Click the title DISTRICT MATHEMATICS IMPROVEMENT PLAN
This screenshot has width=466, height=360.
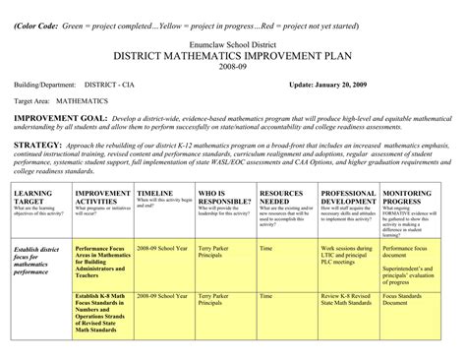233,58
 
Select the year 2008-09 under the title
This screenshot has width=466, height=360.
233,71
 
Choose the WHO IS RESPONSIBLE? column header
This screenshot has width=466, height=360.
221,199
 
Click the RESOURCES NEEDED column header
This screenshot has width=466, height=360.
282,199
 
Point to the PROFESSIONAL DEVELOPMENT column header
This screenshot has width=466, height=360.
348,199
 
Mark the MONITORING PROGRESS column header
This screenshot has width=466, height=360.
413,199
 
